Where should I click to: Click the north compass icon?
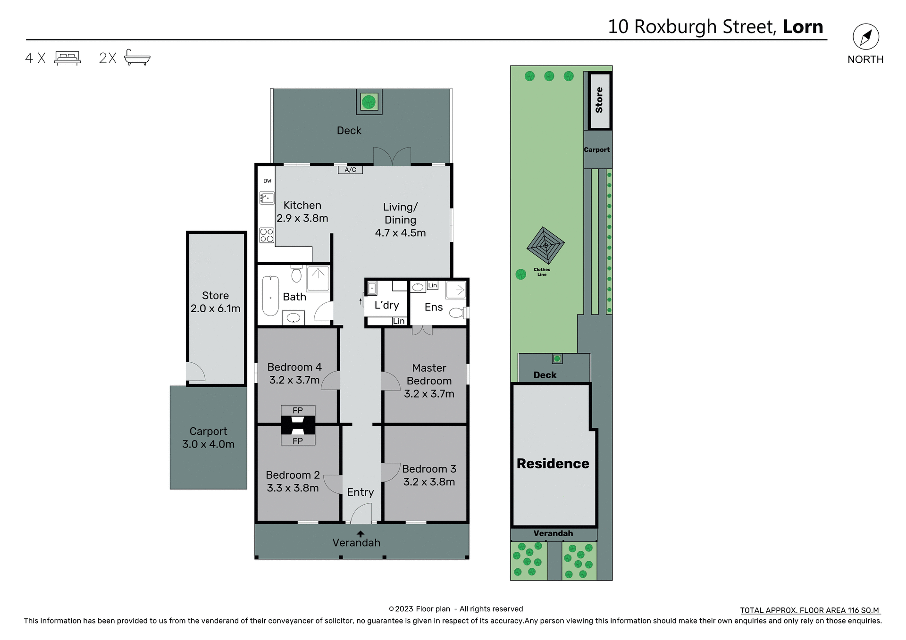pyautogui.click(x=866, y=37)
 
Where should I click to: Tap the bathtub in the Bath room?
pyautogui.click(x=270, y=296)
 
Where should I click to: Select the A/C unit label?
pyautogui.click(x=350, y=170)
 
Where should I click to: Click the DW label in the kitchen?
pyautogui.click(x=268, y=181)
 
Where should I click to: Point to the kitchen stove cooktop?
pyautogui.click(x=267, y=235)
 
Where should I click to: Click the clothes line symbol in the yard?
pyautogui.click(x=545, y=246)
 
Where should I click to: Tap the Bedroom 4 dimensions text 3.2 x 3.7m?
pyautogui.click(x=294, y=380)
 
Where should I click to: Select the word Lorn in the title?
pyautogui.click(x=803, y=27)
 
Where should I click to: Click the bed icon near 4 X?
pyautogui.click(x=67, y=58)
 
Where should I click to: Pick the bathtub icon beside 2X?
pyautogui.click(x=137, y=58)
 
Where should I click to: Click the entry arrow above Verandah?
pyautogui.click(x=361, y=534)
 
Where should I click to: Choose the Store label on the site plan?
pyautogui.click(x=599, y=100)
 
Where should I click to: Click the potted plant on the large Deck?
pyautogui.click(x=369, y=101)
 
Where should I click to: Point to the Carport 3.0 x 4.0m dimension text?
pyautogui.click(x=208, y=444)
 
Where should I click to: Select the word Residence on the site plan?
pyautogui.click(x=553, y=464)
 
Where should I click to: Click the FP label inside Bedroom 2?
pyautogui.click(x=298, y=441)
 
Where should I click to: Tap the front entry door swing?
pyautogui.click(x=361, y=514)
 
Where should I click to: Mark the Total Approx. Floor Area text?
pyautogui.click(x=809, y=610)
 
